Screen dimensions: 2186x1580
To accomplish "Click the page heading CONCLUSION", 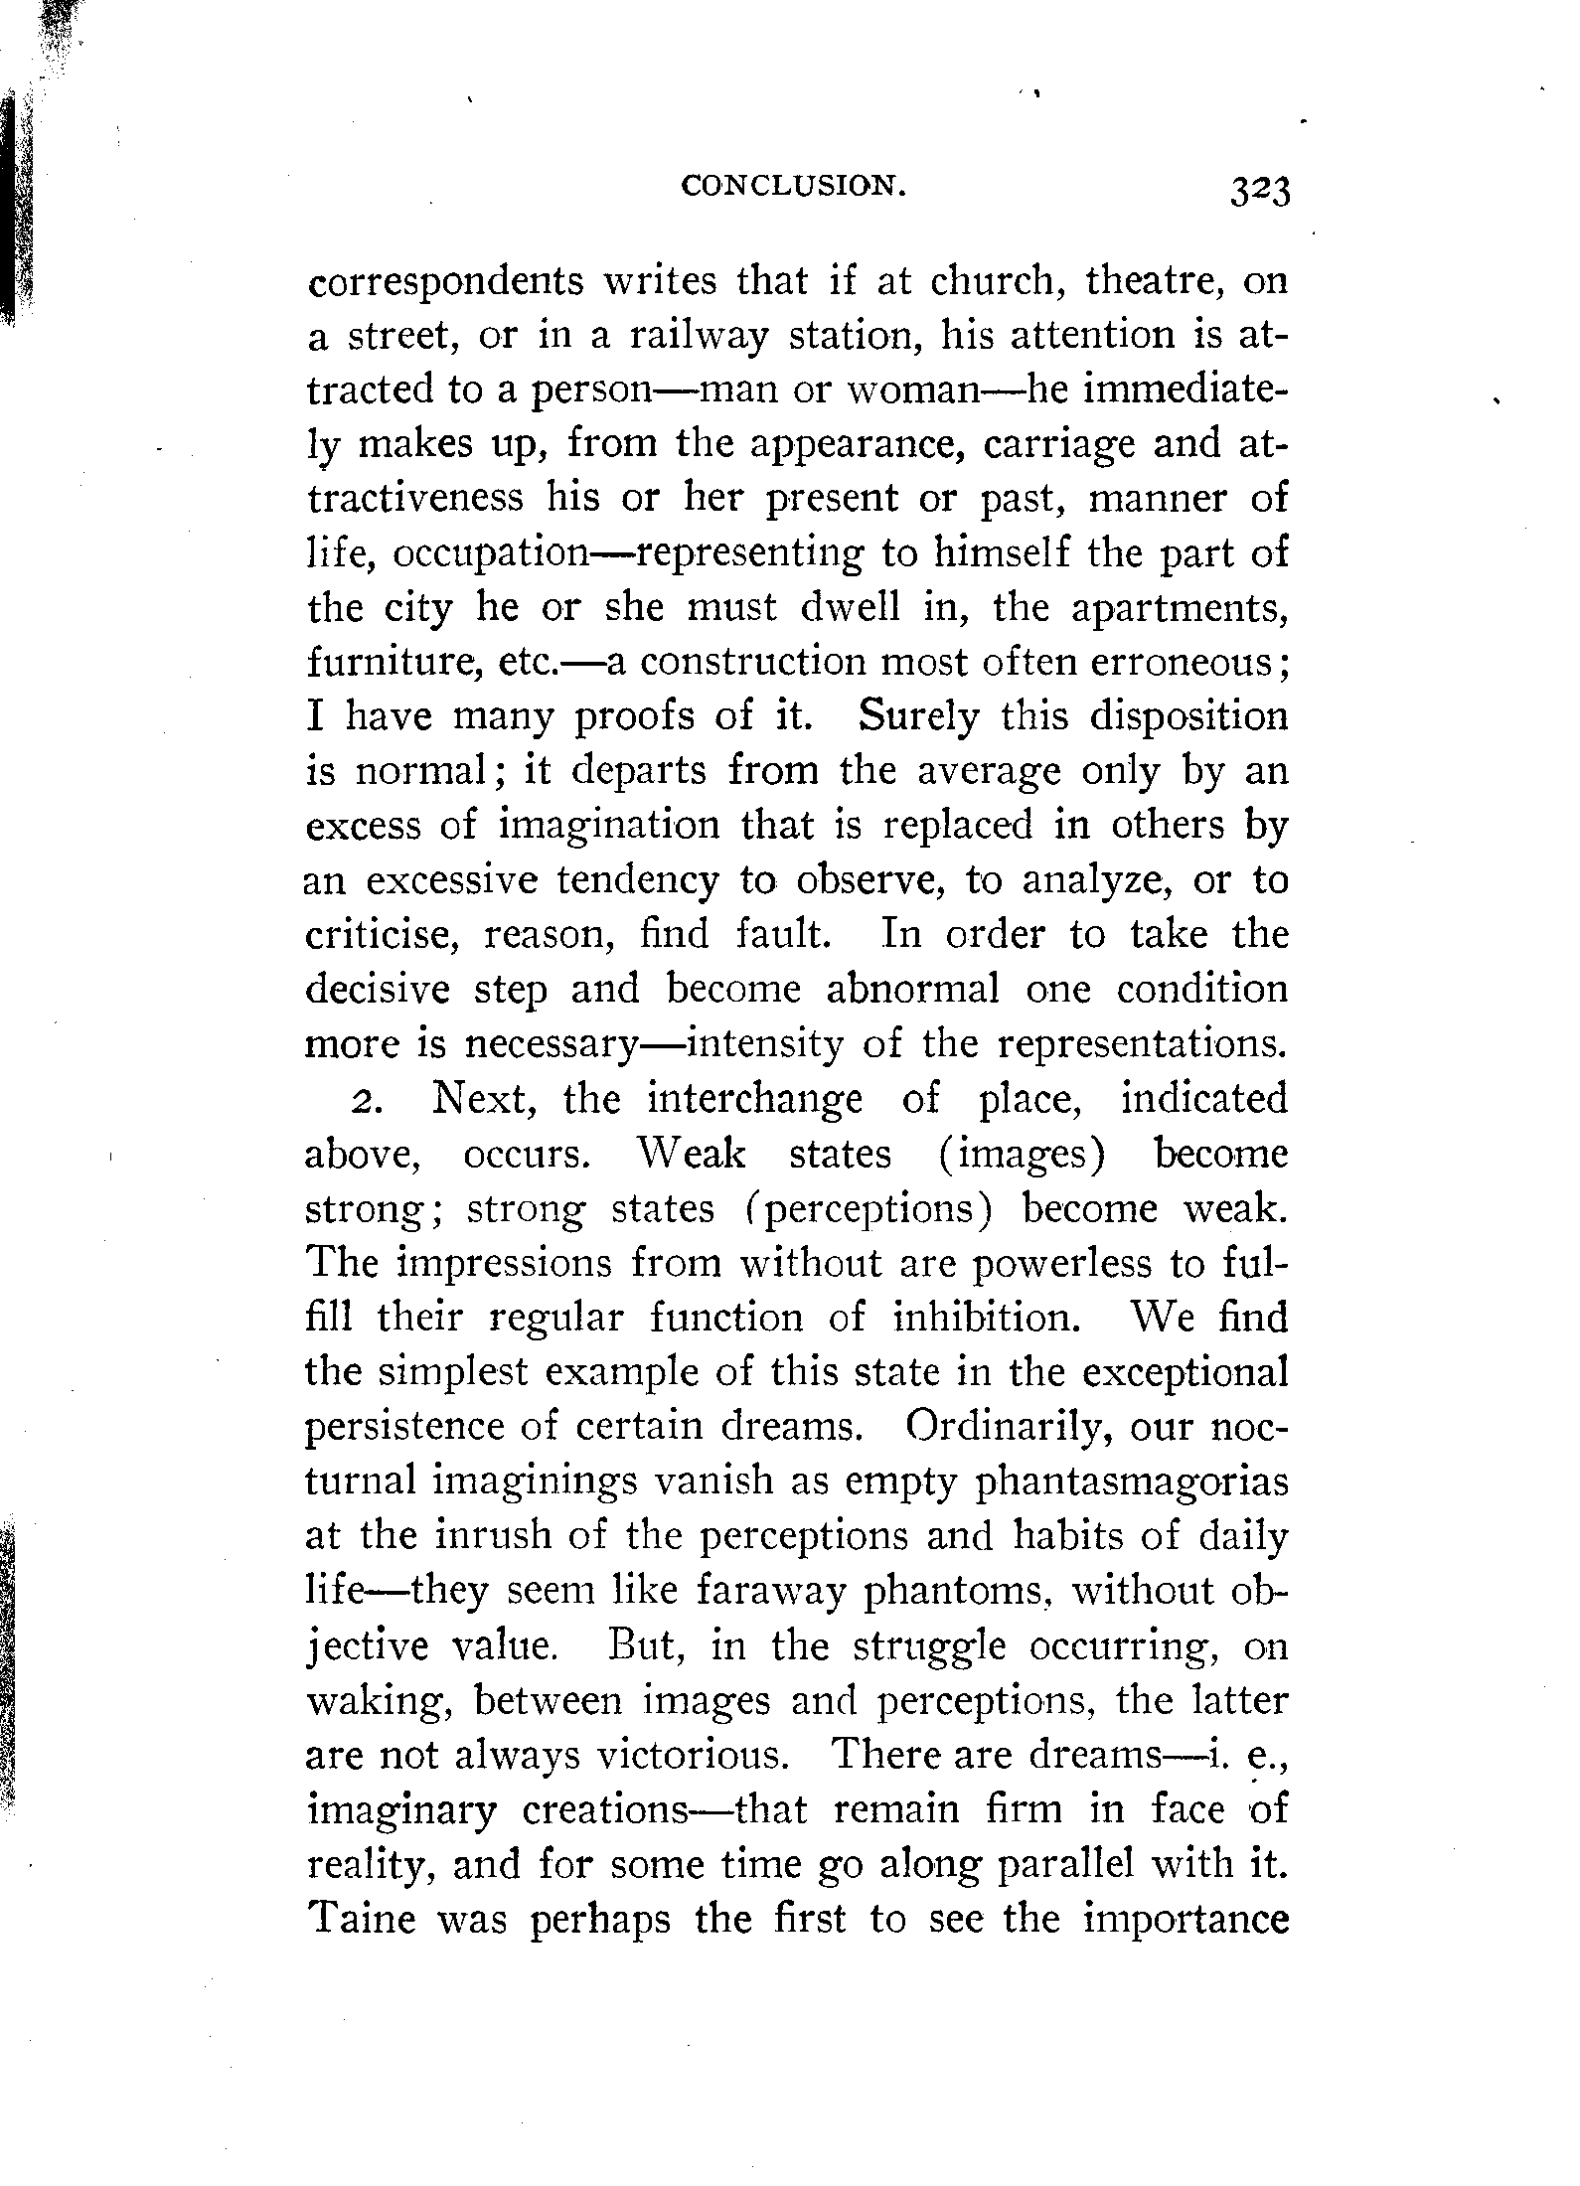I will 793,186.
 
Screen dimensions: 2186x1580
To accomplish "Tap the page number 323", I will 1258,189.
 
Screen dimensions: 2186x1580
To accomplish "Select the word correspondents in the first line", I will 445,283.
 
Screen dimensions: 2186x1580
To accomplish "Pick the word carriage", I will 1057,444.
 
